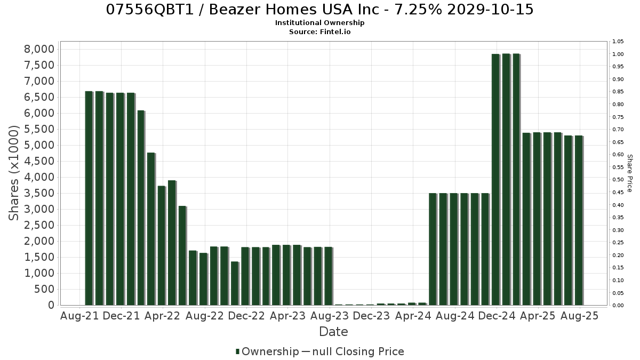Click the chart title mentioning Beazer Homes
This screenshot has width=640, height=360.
point(319,10)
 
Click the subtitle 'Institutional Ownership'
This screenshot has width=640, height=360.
point(319,23)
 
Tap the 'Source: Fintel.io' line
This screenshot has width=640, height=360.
point(319,31)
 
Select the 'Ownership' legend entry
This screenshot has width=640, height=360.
point(267,351)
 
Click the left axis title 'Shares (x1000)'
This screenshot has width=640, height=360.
point(13,173)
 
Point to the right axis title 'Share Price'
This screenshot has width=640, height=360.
point(629,173)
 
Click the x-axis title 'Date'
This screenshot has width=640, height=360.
point(333,332)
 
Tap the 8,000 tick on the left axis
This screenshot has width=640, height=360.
point(39,49)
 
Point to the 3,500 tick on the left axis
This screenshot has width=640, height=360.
point(39,193)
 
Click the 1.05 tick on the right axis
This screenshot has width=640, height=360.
point(618,42)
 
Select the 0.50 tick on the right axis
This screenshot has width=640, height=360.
point(618,180)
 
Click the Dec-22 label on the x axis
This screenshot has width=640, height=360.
point(246,316)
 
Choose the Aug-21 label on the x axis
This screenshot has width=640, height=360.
point(79,316)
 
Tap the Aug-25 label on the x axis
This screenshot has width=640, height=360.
point(579,316)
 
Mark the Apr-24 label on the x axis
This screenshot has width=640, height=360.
point(413,316)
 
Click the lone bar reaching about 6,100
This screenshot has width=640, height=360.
point(141,207)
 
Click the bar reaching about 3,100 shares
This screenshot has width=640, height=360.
point(182,255)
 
